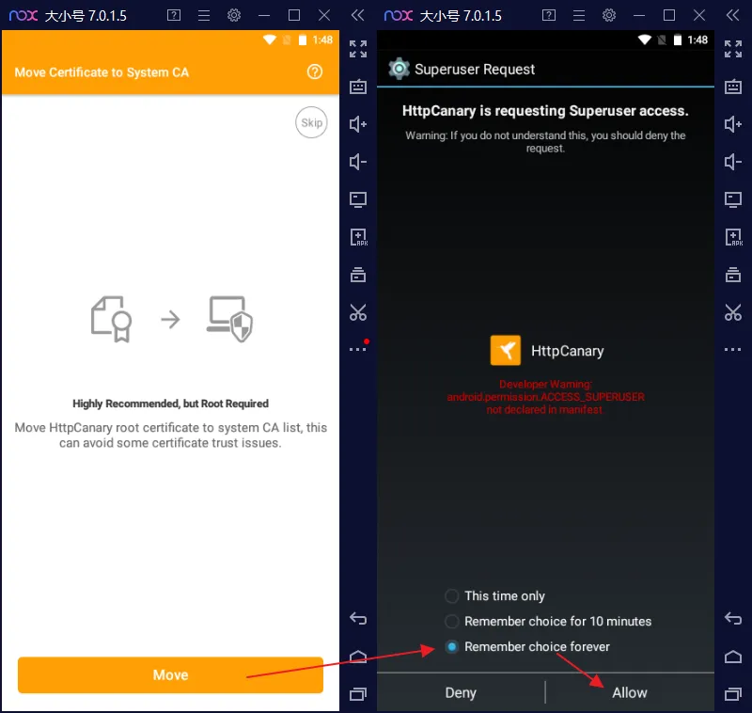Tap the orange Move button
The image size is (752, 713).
coord(170,674)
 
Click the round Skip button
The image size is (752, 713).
coord(311,122)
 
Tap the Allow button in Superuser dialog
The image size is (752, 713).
coord(629,692)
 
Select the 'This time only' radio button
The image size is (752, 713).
coord(452,596)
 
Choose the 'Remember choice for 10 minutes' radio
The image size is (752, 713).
coord(452,622)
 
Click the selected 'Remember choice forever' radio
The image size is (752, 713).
coord(452,647)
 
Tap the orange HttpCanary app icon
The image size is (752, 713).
coord(506,350)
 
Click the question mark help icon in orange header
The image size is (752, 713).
coord(315,72)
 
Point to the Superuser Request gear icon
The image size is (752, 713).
coord(399,69)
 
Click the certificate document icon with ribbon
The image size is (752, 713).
coord(111,319)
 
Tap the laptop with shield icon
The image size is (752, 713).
coord(229,319)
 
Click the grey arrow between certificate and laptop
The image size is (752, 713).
coord(170,319)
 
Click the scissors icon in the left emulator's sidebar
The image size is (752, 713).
coord(358,312)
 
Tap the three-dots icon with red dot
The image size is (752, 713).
coord(358,349)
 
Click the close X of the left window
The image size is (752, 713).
coord(324,15)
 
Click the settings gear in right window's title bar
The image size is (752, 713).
coord(609,15)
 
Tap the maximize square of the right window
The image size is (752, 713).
coord(669,15)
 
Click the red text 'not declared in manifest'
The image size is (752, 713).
coord(545,410)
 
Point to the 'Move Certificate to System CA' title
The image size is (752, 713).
coord(102,72)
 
